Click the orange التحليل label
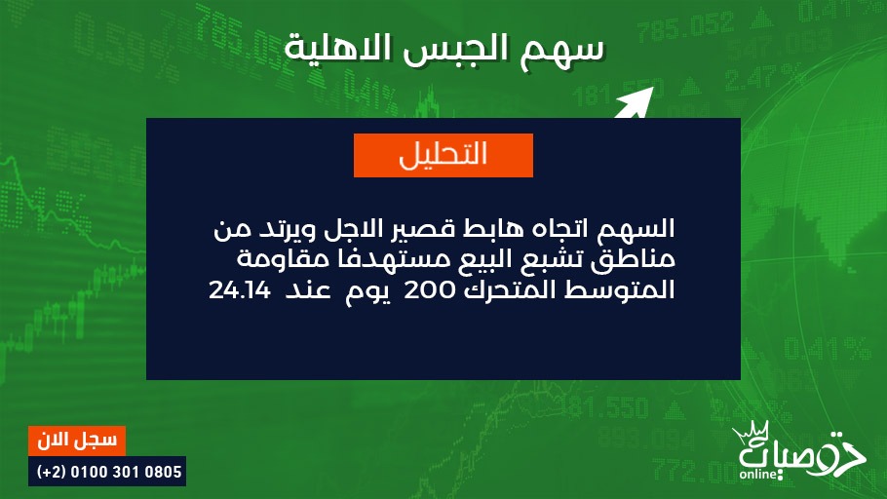click(x=443, y=155)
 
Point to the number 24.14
click(x=233, y=290)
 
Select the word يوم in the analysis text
click(x=368, y=292)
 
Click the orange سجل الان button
click(x=77, y=441)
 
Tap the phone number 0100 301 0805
click(x=126, y=472)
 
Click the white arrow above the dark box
click(x=634, y=103)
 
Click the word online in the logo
click(x=758, y=474)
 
